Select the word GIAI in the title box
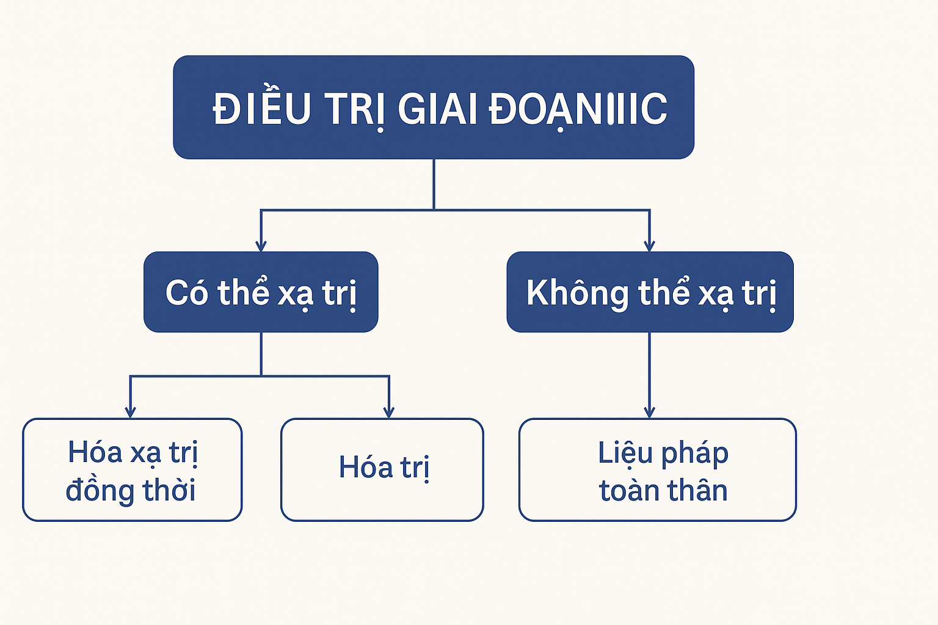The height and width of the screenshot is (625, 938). (438, 109)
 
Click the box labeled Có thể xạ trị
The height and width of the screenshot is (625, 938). (261, 292)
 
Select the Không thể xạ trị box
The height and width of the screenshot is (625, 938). (650, 292)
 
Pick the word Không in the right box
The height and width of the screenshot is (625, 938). (578, 292)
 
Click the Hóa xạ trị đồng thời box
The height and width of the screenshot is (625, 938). (133, 470)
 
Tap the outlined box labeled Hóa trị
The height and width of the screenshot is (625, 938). (382, 470)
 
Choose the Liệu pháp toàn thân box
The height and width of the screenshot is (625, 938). (658, 470)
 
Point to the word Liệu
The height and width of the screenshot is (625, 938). (625, 453)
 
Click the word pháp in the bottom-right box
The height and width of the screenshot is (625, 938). (695, 454)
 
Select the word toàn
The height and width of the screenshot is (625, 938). (629, 490)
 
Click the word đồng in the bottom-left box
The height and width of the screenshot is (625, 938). (100, 490)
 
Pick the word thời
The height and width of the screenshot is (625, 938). (169, 489)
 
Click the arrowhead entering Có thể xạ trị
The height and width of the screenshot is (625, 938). (261, 246)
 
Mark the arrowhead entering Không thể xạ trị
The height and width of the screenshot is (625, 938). (650, 246)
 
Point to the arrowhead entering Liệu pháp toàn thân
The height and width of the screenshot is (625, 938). (650, 413)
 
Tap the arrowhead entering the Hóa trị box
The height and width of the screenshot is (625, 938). (389, 413)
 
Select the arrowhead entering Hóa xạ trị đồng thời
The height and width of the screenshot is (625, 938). (130, 413)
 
